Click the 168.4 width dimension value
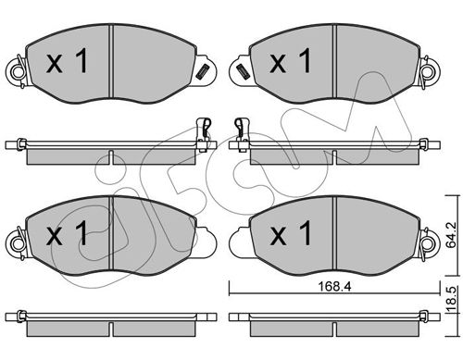click(334, 287)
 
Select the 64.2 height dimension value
click(453, 235)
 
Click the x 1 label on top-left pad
click(68, 61)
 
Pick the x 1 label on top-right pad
click(291, 61)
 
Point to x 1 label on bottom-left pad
click(68, 233)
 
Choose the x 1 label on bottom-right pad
click(291, 233)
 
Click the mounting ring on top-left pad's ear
click(17, 71)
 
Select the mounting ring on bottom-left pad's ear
click(17, 243)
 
